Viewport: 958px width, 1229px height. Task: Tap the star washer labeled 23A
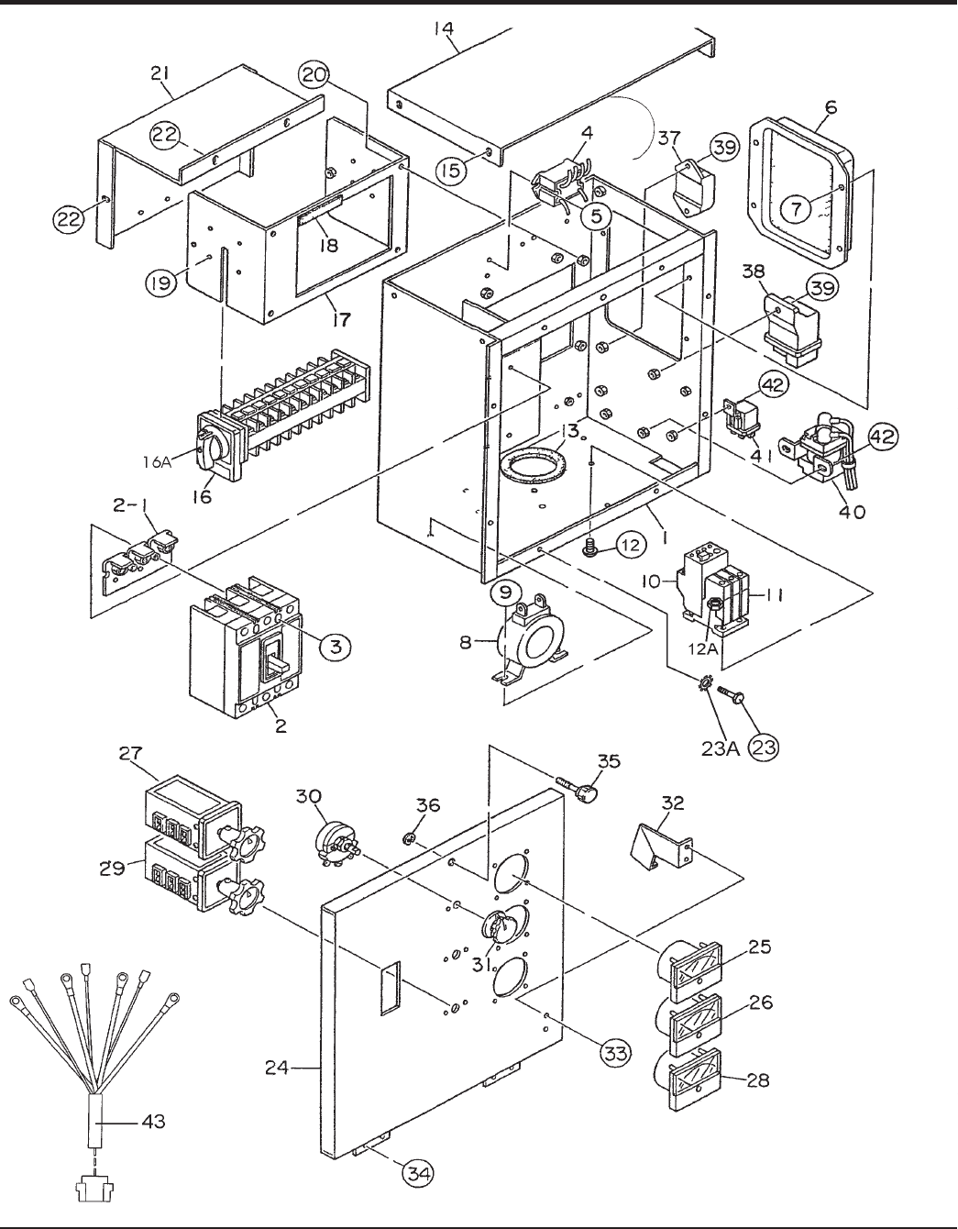[x=707, y=683]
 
